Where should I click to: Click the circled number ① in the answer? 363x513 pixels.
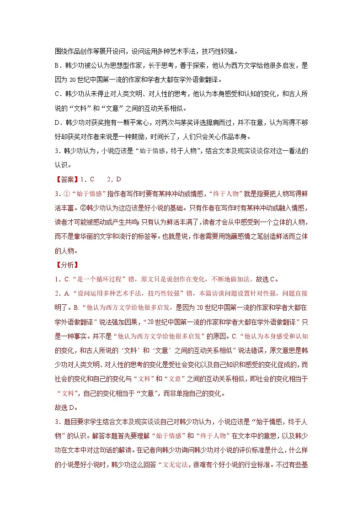pos(66,192)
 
